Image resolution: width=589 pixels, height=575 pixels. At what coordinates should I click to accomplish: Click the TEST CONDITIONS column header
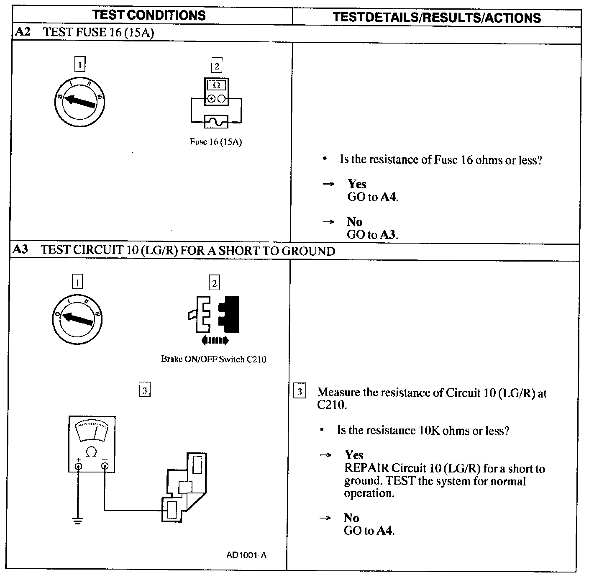(x=149, y=15)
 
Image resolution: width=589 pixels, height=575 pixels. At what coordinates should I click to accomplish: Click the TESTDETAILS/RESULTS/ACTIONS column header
(x=437, y=18)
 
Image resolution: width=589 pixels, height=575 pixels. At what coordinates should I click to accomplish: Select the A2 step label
(x=23, y=32)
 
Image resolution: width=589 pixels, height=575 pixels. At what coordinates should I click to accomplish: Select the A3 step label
(x=20, y=250)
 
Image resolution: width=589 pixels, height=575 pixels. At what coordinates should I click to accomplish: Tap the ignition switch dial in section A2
(x=79, y=100)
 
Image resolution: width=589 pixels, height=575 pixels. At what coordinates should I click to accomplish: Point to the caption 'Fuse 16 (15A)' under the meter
(x=216, y=142)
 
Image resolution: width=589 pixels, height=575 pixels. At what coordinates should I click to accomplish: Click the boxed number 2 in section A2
(x=216, y=66)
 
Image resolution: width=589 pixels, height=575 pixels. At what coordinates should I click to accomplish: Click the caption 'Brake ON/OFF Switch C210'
(x=213, y=359)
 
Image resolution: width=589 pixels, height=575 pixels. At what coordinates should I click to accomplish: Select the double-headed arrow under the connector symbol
(x=215, y=341)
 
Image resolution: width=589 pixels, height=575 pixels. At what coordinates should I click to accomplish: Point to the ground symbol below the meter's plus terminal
(x=77, y=521)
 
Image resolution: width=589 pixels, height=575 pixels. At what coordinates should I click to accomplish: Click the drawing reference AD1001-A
(x=246, y=555)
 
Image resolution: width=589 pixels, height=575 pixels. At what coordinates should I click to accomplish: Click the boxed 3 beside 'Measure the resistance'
(x=300, y=392)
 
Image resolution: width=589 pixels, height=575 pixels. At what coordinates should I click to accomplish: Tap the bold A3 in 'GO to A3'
(x=388, y=235)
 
